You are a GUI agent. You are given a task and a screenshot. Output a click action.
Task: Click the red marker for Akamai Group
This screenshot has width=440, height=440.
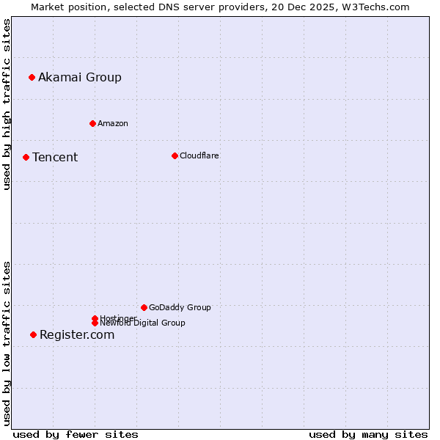coord(32,77)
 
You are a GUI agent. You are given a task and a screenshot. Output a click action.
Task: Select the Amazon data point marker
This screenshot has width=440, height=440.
coord(92,123)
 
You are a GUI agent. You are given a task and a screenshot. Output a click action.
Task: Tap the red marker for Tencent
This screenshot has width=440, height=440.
coord(26,157)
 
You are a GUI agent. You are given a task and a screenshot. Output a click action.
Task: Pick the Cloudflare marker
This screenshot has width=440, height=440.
coord(175,155)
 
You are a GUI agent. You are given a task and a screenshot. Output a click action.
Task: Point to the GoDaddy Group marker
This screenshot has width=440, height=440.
coord(144,307)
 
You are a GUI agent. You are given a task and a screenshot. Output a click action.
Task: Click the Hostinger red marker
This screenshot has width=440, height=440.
coord(95,318)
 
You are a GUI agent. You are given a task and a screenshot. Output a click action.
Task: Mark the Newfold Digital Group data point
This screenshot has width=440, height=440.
coord(95,323)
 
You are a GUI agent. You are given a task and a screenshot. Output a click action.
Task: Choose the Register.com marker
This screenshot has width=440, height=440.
coord(33,334)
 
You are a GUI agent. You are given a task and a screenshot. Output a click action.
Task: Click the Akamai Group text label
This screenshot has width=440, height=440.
coord(80,77)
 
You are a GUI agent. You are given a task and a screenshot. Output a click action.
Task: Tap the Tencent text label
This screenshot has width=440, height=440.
coord(55,157)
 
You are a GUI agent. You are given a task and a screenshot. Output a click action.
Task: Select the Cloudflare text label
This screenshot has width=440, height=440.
coord(199,155)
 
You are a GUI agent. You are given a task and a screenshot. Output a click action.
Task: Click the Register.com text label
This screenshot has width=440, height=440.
coord(77,334)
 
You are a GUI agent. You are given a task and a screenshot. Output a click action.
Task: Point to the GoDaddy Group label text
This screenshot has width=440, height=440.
coord(180,307)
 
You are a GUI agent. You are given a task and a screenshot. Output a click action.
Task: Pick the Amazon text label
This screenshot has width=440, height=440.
coord(113,123)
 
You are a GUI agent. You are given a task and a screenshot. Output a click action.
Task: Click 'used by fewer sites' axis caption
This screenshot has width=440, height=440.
coord(76,434)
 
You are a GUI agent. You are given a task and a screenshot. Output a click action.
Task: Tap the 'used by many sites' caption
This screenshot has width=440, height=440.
coord(368,434)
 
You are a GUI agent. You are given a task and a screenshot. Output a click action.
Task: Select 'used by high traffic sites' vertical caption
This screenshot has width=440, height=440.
coord(7,104)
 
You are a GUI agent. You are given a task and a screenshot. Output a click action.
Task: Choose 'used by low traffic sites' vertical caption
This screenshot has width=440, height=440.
coord(7,343)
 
